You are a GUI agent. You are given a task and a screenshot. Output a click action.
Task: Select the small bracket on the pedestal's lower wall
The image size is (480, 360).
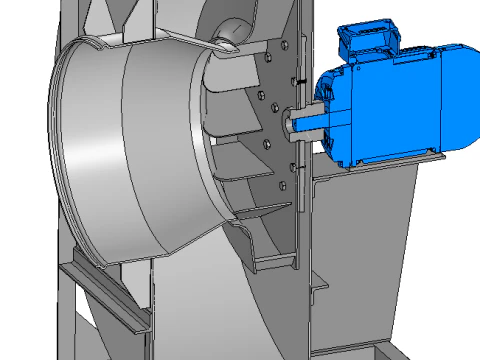pos(318,290)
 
